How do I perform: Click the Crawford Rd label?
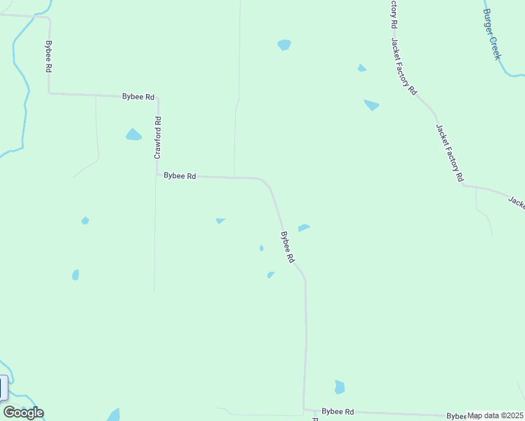[158, 137]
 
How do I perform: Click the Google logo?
[23, 413]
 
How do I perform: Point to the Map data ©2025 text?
[496, 415]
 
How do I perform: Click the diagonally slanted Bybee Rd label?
[287, 248]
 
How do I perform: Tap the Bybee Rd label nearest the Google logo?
[338, 411]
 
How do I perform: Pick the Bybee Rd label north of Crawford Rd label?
[138, 97]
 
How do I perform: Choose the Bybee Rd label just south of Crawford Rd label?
[180, 176]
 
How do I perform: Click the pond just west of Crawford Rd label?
[133, 135]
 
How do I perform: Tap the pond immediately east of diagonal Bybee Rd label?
[304, 227]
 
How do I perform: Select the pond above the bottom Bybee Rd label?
[340, 387]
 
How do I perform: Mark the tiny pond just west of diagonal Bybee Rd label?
[261, 248]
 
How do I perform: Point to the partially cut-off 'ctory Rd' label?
[394, 14]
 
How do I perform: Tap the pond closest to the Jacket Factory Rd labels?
[371, 105]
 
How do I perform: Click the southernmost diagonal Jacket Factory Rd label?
[449, 153]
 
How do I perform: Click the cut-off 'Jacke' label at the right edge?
[517, 202]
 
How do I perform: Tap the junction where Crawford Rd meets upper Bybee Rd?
[158, 98]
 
